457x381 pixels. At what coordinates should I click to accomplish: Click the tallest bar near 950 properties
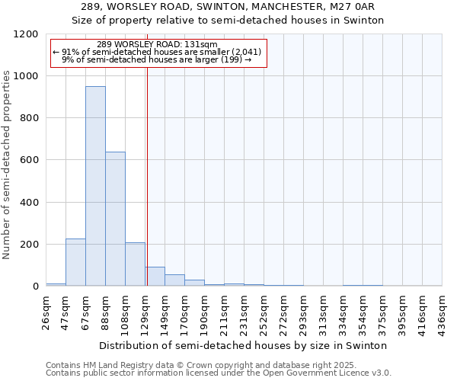tap(95, 186)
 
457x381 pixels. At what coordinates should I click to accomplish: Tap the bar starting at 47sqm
tap(75, 262)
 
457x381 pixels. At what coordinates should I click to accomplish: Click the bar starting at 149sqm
tap(174, 280)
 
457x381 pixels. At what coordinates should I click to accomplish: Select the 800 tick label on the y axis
tap(29, 118)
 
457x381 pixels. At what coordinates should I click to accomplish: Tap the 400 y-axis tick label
tap(29, 203)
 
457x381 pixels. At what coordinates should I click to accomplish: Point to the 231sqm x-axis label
tap(244, 311)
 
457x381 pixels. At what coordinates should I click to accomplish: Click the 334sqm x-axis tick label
tap(344, 311)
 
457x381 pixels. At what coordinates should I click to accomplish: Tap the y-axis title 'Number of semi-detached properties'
tap(7, 160)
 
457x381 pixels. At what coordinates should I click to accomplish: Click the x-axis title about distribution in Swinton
tap(244, 345)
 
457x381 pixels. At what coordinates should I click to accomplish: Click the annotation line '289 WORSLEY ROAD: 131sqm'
tap(158, 44)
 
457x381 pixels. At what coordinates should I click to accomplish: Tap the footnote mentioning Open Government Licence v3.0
tap(219, 373)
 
